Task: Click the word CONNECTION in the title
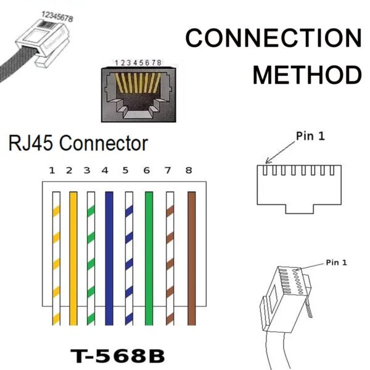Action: [273, 38]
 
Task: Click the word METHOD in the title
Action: [307, 75]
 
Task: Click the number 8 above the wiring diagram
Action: [188, 171]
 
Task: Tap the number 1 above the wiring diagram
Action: [52, 171]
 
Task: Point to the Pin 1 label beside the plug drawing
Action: [336, 262]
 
